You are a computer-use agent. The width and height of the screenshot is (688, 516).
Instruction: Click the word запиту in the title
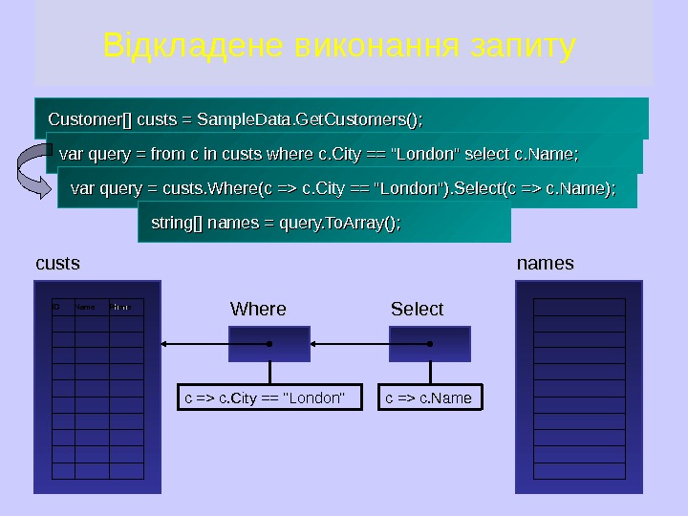[x=523, y=46]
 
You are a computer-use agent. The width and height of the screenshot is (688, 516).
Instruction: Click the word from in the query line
[x=170, y=154]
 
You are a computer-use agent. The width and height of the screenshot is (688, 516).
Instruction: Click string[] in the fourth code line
[x=176, y=224]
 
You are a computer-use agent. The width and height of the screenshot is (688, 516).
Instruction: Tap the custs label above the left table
[x=57, y=263]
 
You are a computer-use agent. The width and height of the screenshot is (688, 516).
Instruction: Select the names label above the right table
[x=545, y=263]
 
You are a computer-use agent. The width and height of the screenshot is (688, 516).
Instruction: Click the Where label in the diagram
[x=258, y=309]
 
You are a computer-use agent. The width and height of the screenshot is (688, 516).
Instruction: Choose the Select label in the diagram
[x=418, y=309]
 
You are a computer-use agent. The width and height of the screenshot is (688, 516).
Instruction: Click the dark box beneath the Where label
[x=269, y=343]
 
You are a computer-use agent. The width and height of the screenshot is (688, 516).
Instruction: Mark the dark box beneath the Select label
[x=429, y=343]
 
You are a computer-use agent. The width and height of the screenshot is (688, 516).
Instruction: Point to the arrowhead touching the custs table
[x=165, y=343]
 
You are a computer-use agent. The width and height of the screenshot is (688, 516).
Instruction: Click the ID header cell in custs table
[x=62, y=308]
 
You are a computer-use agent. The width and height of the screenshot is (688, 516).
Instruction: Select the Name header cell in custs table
[x=92, y=308]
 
